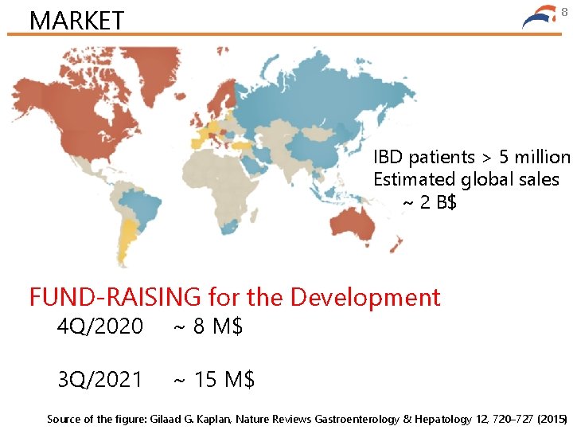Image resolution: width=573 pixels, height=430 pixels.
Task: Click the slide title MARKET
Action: (76, 19)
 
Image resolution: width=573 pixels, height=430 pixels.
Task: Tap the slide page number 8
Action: (564, 11)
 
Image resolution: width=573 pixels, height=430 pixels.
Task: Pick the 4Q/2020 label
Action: (100, 326)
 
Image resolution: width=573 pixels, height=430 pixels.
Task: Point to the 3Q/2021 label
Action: (100, 379)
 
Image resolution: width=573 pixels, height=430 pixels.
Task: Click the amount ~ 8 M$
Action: (209, 326)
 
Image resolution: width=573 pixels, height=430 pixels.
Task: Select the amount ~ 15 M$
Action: (214, 379)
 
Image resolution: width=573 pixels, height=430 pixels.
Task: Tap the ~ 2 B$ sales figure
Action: (429, 202)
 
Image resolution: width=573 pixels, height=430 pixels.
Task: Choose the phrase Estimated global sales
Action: (466, 179)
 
